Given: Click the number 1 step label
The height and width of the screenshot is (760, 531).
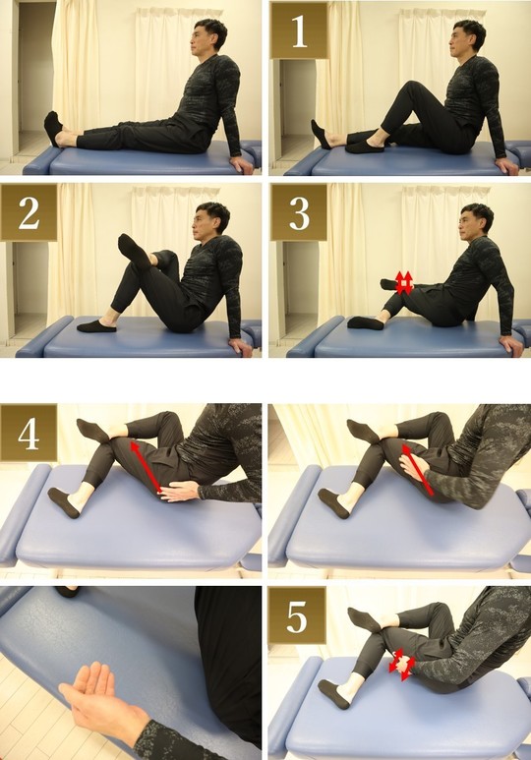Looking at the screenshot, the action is coord(299,30).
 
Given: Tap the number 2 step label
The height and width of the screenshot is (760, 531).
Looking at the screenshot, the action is coord(29,212).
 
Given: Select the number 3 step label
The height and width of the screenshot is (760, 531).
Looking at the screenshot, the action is coord(299,212).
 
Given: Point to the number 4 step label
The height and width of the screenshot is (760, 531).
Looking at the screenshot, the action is coord(29,433).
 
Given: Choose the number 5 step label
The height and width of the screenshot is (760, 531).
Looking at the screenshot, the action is coord(297,615).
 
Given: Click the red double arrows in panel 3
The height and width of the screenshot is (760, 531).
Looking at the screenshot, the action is coord(404,282).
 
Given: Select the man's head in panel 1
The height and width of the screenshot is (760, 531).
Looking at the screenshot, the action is coord(466,37).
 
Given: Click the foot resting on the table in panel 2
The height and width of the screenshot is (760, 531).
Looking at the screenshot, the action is coord(96,325).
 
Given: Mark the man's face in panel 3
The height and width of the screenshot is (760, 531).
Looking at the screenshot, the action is coord(468,226).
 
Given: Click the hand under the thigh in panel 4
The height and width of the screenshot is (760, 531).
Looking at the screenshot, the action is coord(178,493).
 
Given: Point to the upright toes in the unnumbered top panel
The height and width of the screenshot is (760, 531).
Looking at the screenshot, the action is coord(52,128).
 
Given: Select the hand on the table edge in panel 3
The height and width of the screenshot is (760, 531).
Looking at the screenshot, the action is coord(511,345).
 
